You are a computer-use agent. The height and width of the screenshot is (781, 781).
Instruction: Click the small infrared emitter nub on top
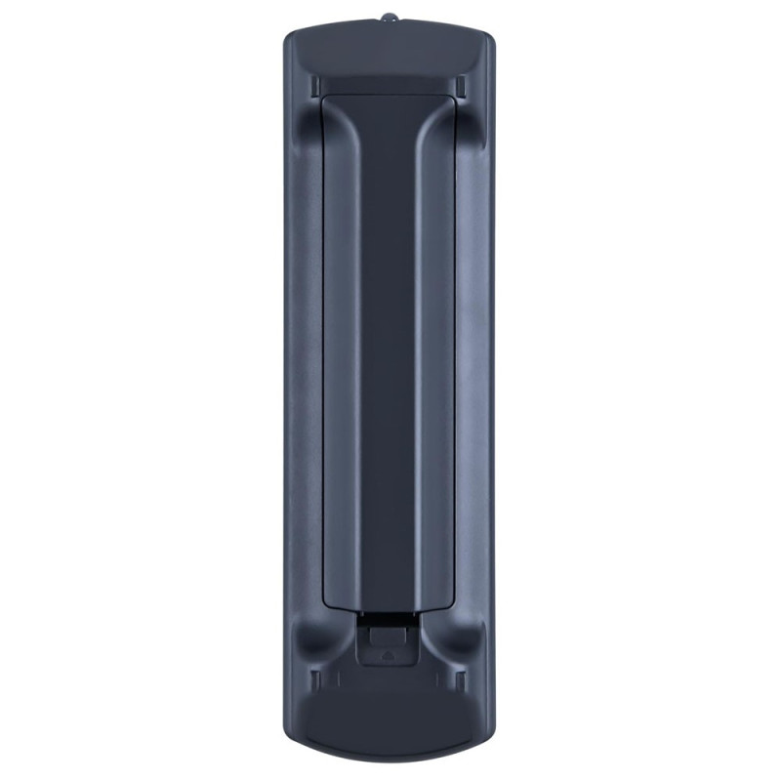(x=389, y=18)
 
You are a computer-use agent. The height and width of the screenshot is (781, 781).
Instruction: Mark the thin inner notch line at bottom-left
(x=336, y=678)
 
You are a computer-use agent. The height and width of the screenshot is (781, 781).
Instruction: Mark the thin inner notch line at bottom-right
(x=444, y=678)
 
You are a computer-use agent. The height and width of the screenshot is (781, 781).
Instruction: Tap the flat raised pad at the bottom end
(x=390, y=722)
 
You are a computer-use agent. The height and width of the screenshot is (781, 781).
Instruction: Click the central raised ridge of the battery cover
(x=389, y=342)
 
